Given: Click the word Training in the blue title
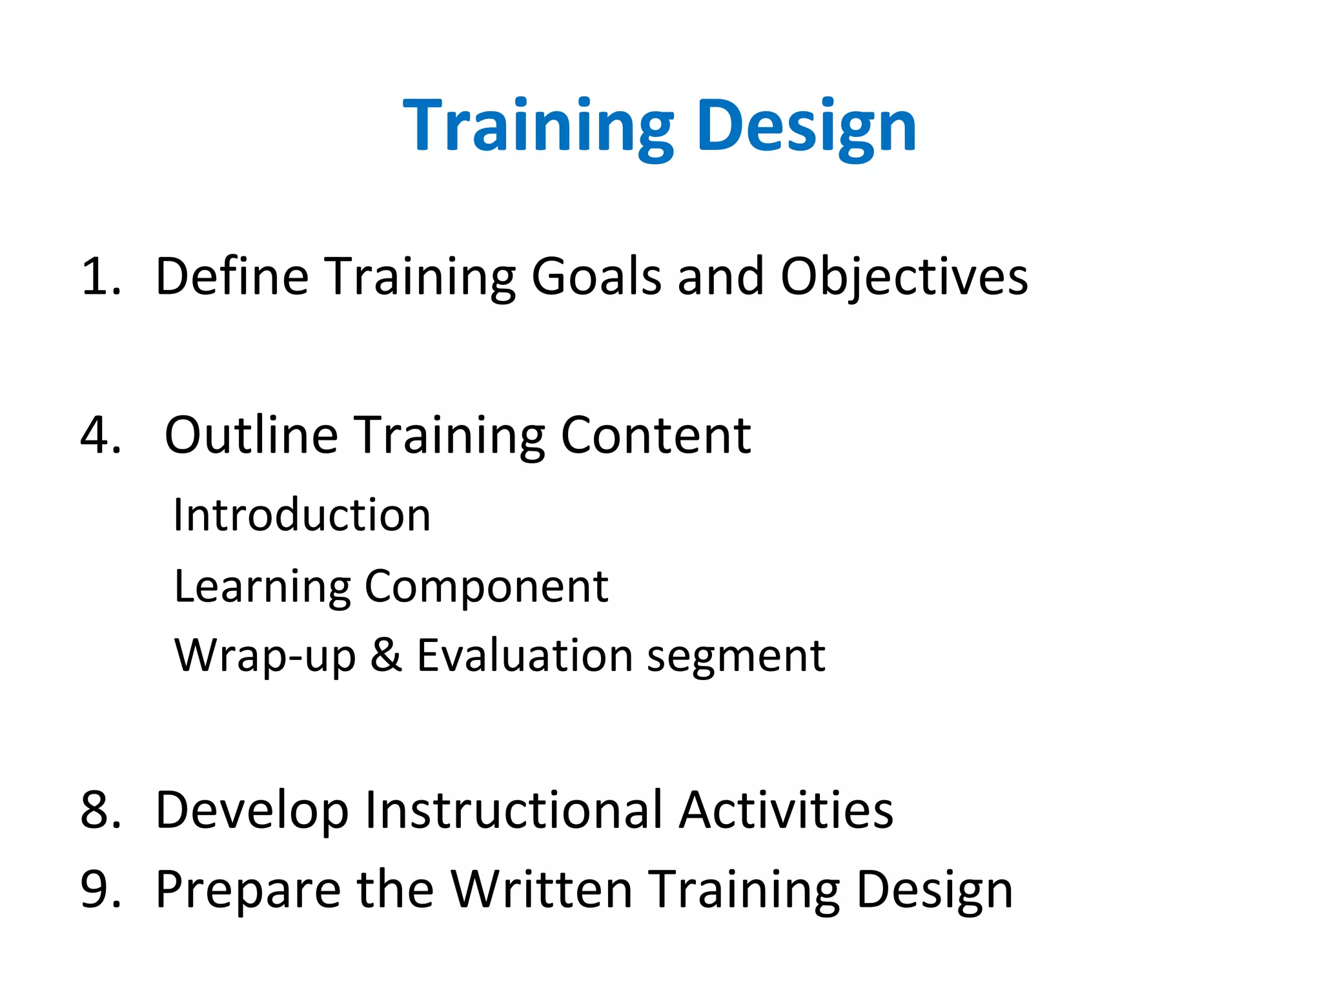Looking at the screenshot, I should pos(538,126).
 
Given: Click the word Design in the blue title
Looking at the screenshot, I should pos(806,126).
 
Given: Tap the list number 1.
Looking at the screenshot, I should pos(100,276).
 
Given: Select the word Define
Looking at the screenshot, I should pos(232,276).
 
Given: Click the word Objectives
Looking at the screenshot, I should pos(904,276).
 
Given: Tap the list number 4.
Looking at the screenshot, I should pos(100,435).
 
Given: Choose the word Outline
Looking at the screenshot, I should pos(251,435).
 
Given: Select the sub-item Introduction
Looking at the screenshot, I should pos(302,515).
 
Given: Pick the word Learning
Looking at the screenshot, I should pos(261,586).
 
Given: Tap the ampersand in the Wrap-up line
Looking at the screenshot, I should pos(386,655).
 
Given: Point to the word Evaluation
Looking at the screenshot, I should pos(524,655).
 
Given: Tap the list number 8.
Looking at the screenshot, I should pos(100,810).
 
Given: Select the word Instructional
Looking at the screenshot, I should pos(513,810).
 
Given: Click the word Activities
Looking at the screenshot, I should pos(786,810).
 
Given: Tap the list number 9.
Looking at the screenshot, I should pos(100,889).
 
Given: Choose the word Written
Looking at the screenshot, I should pos(541,889).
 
